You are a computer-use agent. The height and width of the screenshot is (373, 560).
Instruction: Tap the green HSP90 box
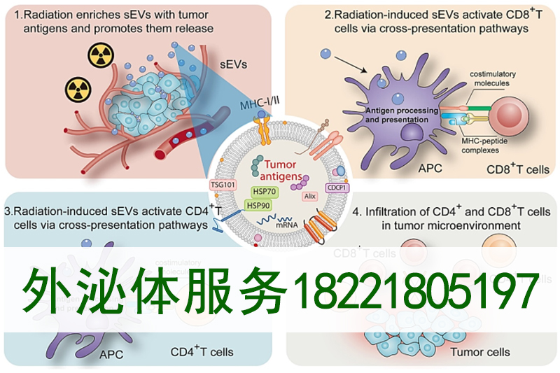click(x=259, y=205)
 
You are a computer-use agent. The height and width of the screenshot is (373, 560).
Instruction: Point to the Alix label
click(x=309, y=197)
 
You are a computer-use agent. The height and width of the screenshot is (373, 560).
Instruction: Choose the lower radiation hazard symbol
click(x=78, y=89)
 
